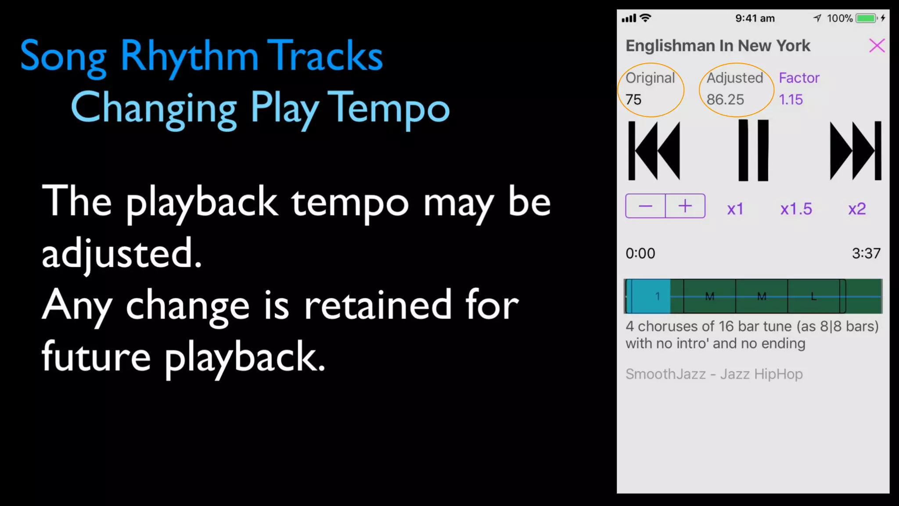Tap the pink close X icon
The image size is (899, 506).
(x=877, y=45)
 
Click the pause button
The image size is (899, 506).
(x=753, y=150)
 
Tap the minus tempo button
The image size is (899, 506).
(x=645, y=206)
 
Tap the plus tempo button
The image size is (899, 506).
(x=685, y=206)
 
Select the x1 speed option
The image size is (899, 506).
(x=735, y=209)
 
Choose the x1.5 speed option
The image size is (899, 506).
(x=796, y=209)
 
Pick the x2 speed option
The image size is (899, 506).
(x=857, y=209)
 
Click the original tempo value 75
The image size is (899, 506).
(x=633, y=100)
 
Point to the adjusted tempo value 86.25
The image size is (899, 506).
(x=725, y=100)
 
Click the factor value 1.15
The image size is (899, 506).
(x=791, y=100)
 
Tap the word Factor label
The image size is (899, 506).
(x=799, y=78)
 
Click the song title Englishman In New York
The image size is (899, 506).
(x=718, y=46)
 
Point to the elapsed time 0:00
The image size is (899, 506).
(x=640, y=253)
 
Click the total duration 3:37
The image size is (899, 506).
(x=866, y=253)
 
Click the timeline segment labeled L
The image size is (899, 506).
(x=813, y=296)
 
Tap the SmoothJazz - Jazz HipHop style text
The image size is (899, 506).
(x=714, y=374)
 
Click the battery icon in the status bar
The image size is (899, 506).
(x=866, y=18)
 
